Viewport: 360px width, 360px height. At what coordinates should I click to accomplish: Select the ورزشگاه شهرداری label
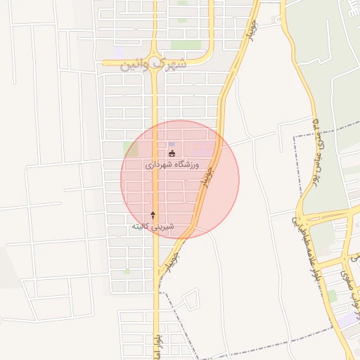[172, 165]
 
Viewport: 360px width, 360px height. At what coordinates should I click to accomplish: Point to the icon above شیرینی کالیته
[153, 214]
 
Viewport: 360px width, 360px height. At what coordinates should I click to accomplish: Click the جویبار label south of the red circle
[169, 261]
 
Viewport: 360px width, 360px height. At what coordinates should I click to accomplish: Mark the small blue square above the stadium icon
[172, 144]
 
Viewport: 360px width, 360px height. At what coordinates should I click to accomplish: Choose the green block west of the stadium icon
[131, 149]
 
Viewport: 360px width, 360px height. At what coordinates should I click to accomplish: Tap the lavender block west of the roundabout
[118, 52]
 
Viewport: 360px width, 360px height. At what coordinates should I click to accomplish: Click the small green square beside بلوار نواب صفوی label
[333, 295]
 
